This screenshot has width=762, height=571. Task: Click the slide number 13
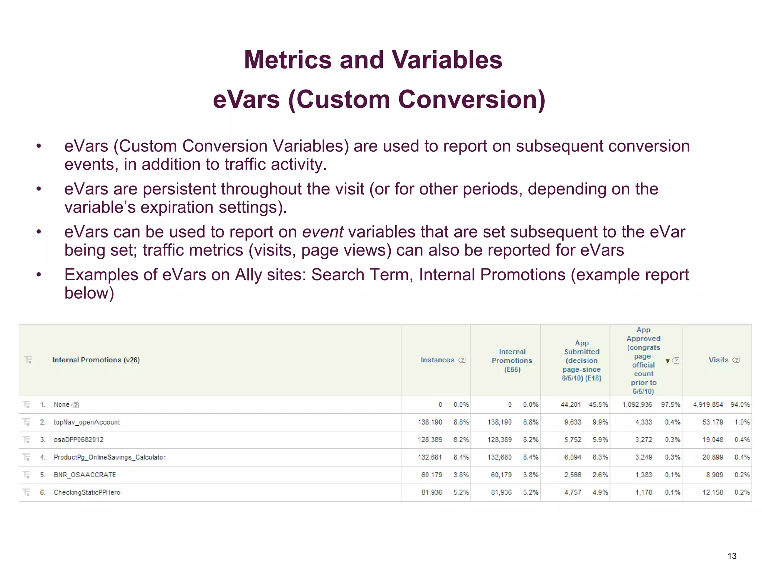pyautogui.click(x=732, y=556)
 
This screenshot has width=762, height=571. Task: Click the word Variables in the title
pyautogui.click(x=447, y=60)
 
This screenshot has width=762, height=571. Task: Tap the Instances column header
pyautogui.click(x=437, y=360)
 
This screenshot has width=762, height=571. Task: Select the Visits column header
pyautogui.click(x=718, y=360)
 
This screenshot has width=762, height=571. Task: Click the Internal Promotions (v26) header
pyautogui.click(x=96, y=360)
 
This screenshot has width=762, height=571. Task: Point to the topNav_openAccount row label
pyautogui.click(x=87, y=422)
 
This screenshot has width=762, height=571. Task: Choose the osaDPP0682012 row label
pyautogui.click(x=79, y=440)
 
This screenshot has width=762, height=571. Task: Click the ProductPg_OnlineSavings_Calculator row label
pyautogui.click(x=109, y=457)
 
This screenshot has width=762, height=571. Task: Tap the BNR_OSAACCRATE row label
pyautogui.click(x=85, y=475)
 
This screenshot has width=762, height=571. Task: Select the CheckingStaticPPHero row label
pyautogui.click(x=87, y=492)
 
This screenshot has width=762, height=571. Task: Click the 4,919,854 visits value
pyautogui.click(x=708, y=404)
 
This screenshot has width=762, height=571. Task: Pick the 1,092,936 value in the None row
pyautogui.click(x=637, y=404)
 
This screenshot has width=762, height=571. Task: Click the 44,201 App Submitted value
pyautogui.click(x=571, y=404)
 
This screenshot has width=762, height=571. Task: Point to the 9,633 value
pyautogui.click(x=573, y=422)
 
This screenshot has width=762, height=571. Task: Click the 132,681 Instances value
pyautogui.click(x=430, y=457)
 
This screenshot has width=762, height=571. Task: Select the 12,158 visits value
pyautogui.click(x=713, y=492)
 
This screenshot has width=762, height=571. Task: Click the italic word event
pyautogui.click(x=322, y=232)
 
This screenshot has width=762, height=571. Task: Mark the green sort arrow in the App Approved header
pyautogui.click(x=667, y=361)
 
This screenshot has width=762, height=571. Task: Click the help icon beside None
pyautogui.click(x=75, y=405)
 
